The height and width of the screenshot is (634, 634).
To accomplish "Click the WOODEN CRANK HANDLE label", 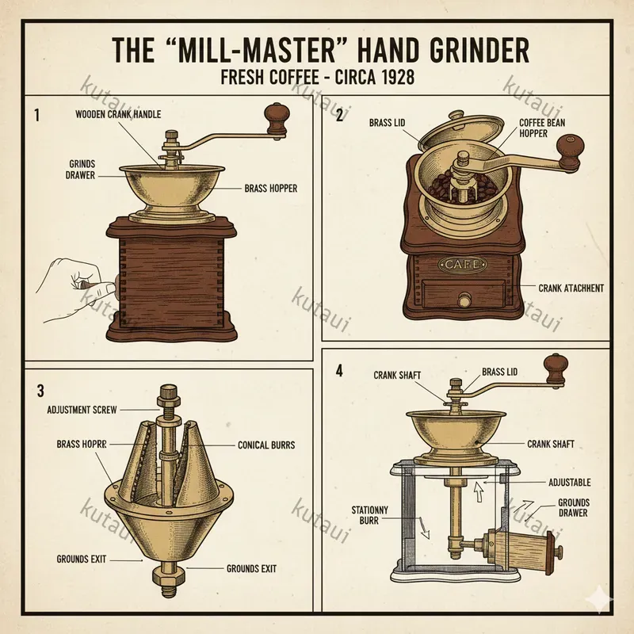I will pyautogui.click(x=118, y=114).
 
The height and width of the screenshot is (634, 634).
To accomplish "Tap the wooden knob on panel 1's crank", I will pyautogui.click(x=276, y=116).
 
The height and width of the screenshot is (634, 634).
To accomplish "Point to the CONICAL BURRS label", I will pyautogui.click(x=266, y=445).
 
